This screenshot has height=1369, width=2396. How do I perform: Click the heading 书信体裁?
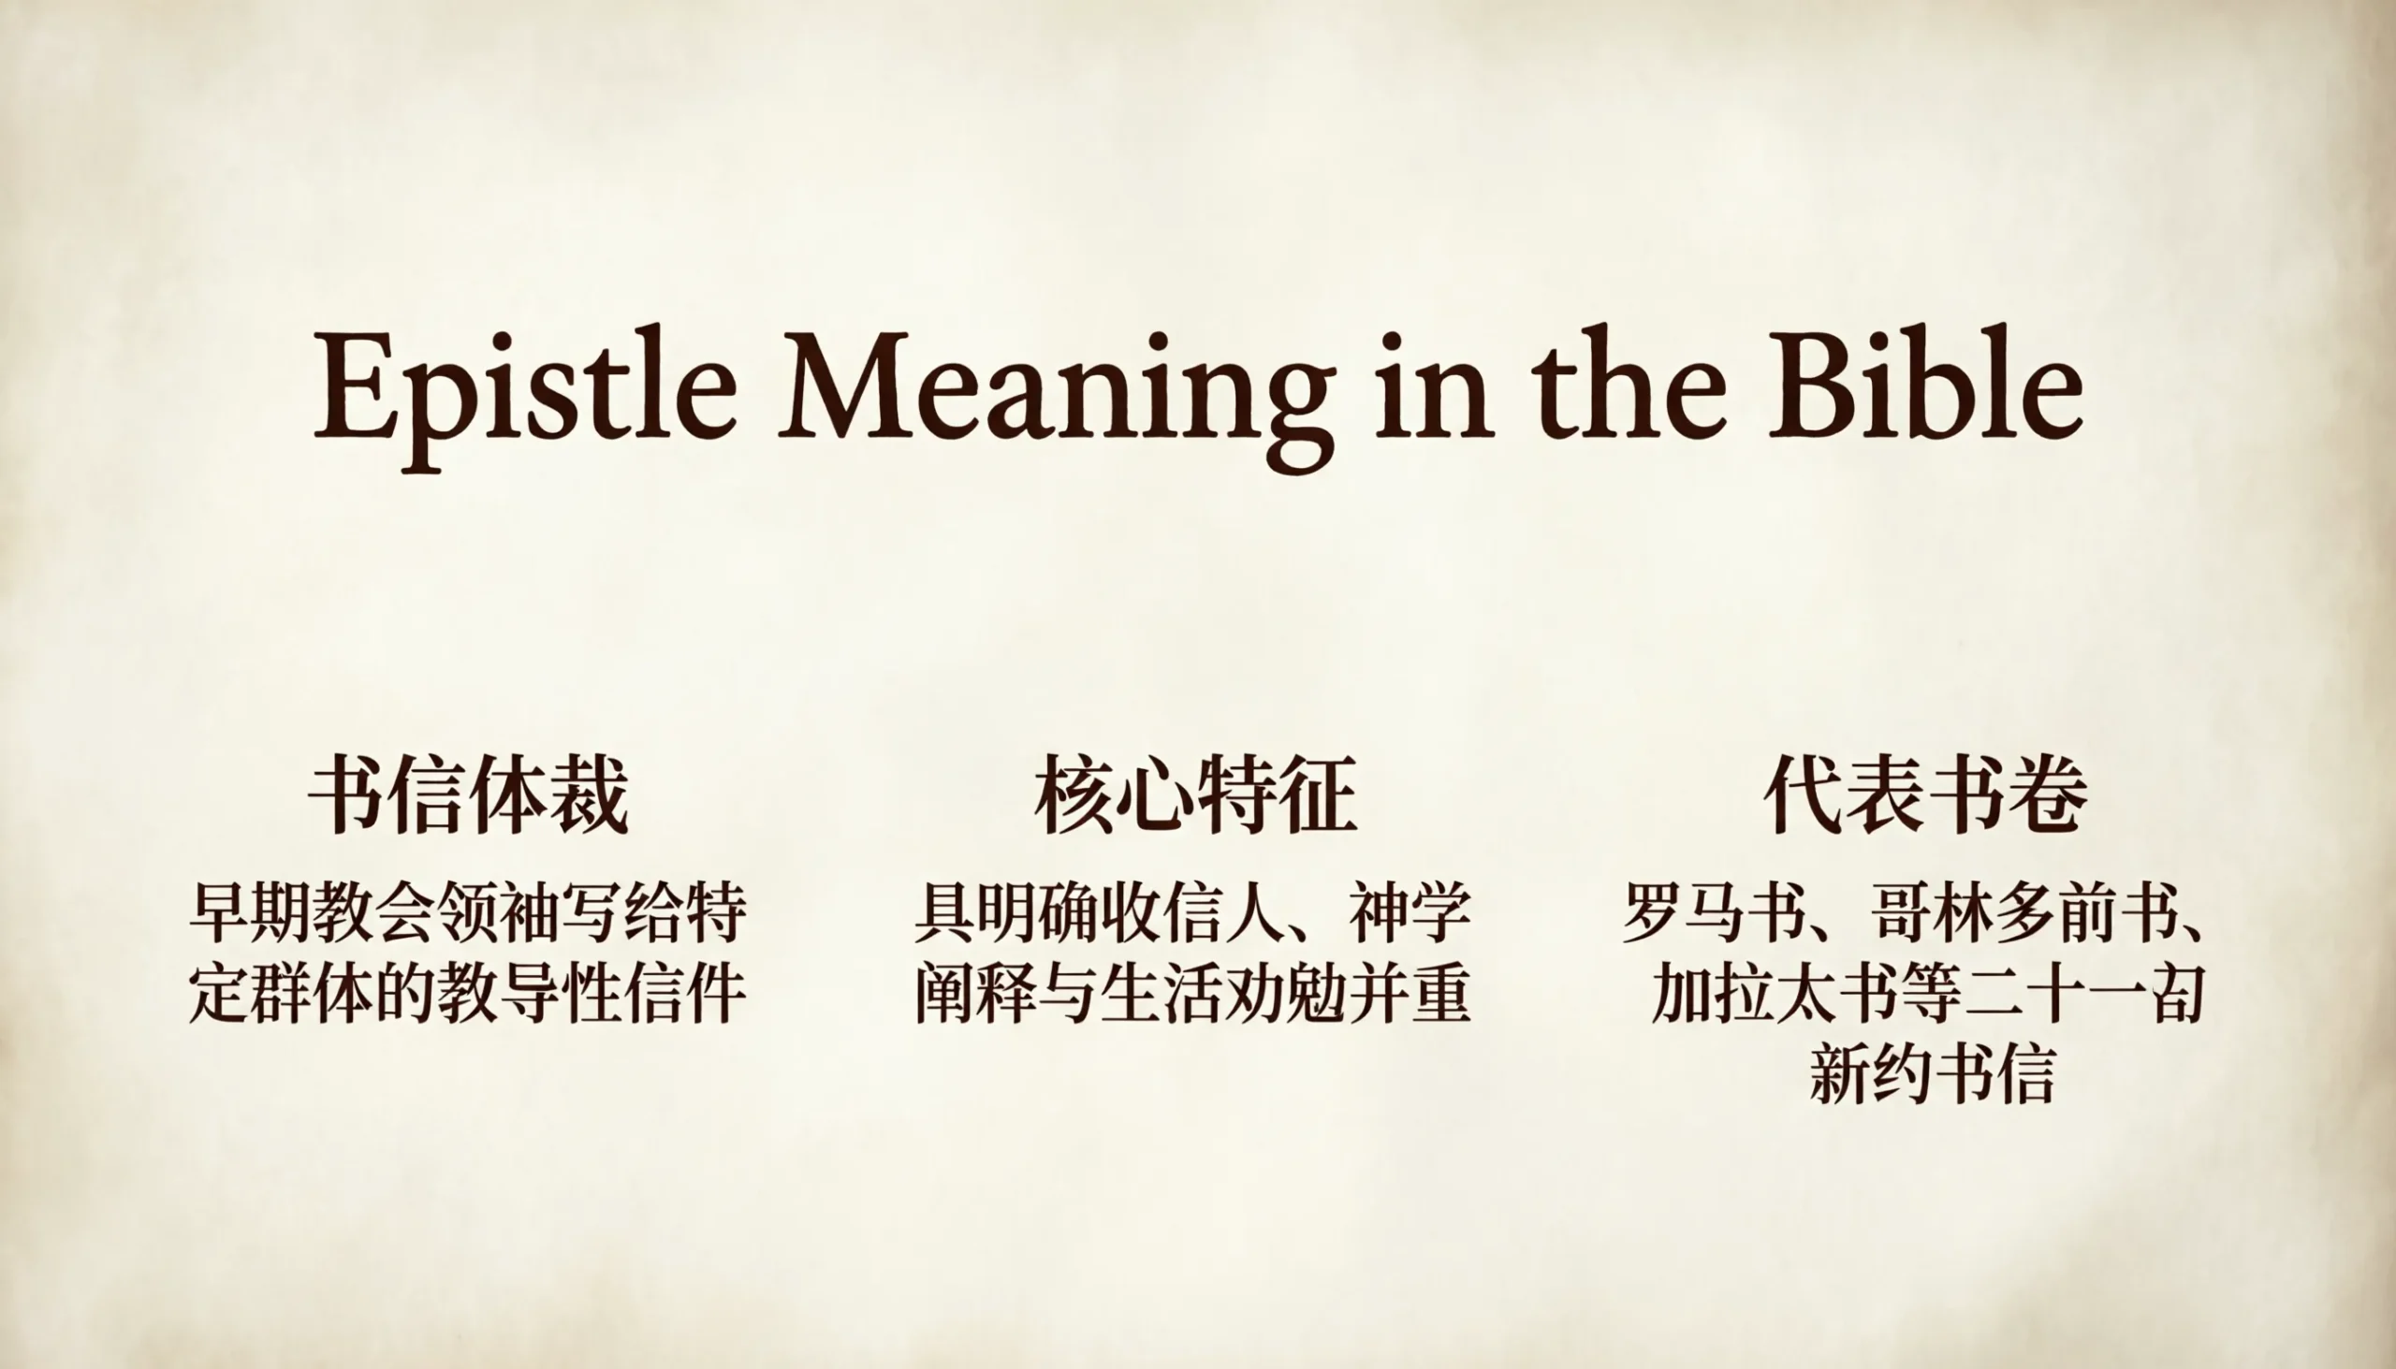point(468,795)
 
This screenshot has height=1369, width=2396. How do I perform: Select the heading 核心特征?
point(1196,795)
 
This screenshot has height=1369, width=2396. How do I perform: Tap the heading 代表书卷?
point(1926,795)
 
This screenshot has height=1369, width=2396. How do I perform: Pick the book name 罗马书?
point(1715,912)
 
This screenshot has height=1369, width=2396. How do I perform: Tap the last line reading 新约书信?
point(1932,1071)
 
